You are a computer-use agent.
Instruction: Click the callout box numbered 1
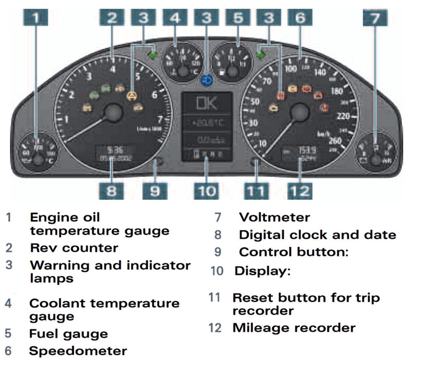pos(36,17)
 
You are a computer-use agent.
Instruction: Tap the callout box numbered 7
pos(375,17)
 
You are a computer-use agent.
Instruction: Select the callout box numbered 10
pos(206,191)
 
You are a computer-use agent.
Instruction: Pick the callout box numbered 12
pos(300,191)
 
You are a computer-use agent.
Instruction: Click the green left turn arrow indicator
pos(153,55)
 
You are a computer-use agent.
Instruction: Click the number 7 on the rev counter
pos(160,119)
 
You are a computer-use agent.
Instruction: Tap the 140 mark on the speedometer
pos(320,72)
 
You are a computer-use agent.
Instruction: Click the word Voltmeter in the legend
pos(274,217)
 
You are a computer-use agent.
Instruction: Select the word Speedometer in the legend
pos(78,351)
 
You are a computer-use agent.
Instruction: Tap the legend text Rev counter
pos(74,248)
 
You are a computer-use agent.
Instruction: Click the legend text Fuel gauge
pos(69,334)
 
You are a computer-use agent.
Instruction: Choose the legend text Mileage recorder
pos(294,328)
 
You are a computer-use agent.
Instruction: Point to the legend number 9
pos(218,252)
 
